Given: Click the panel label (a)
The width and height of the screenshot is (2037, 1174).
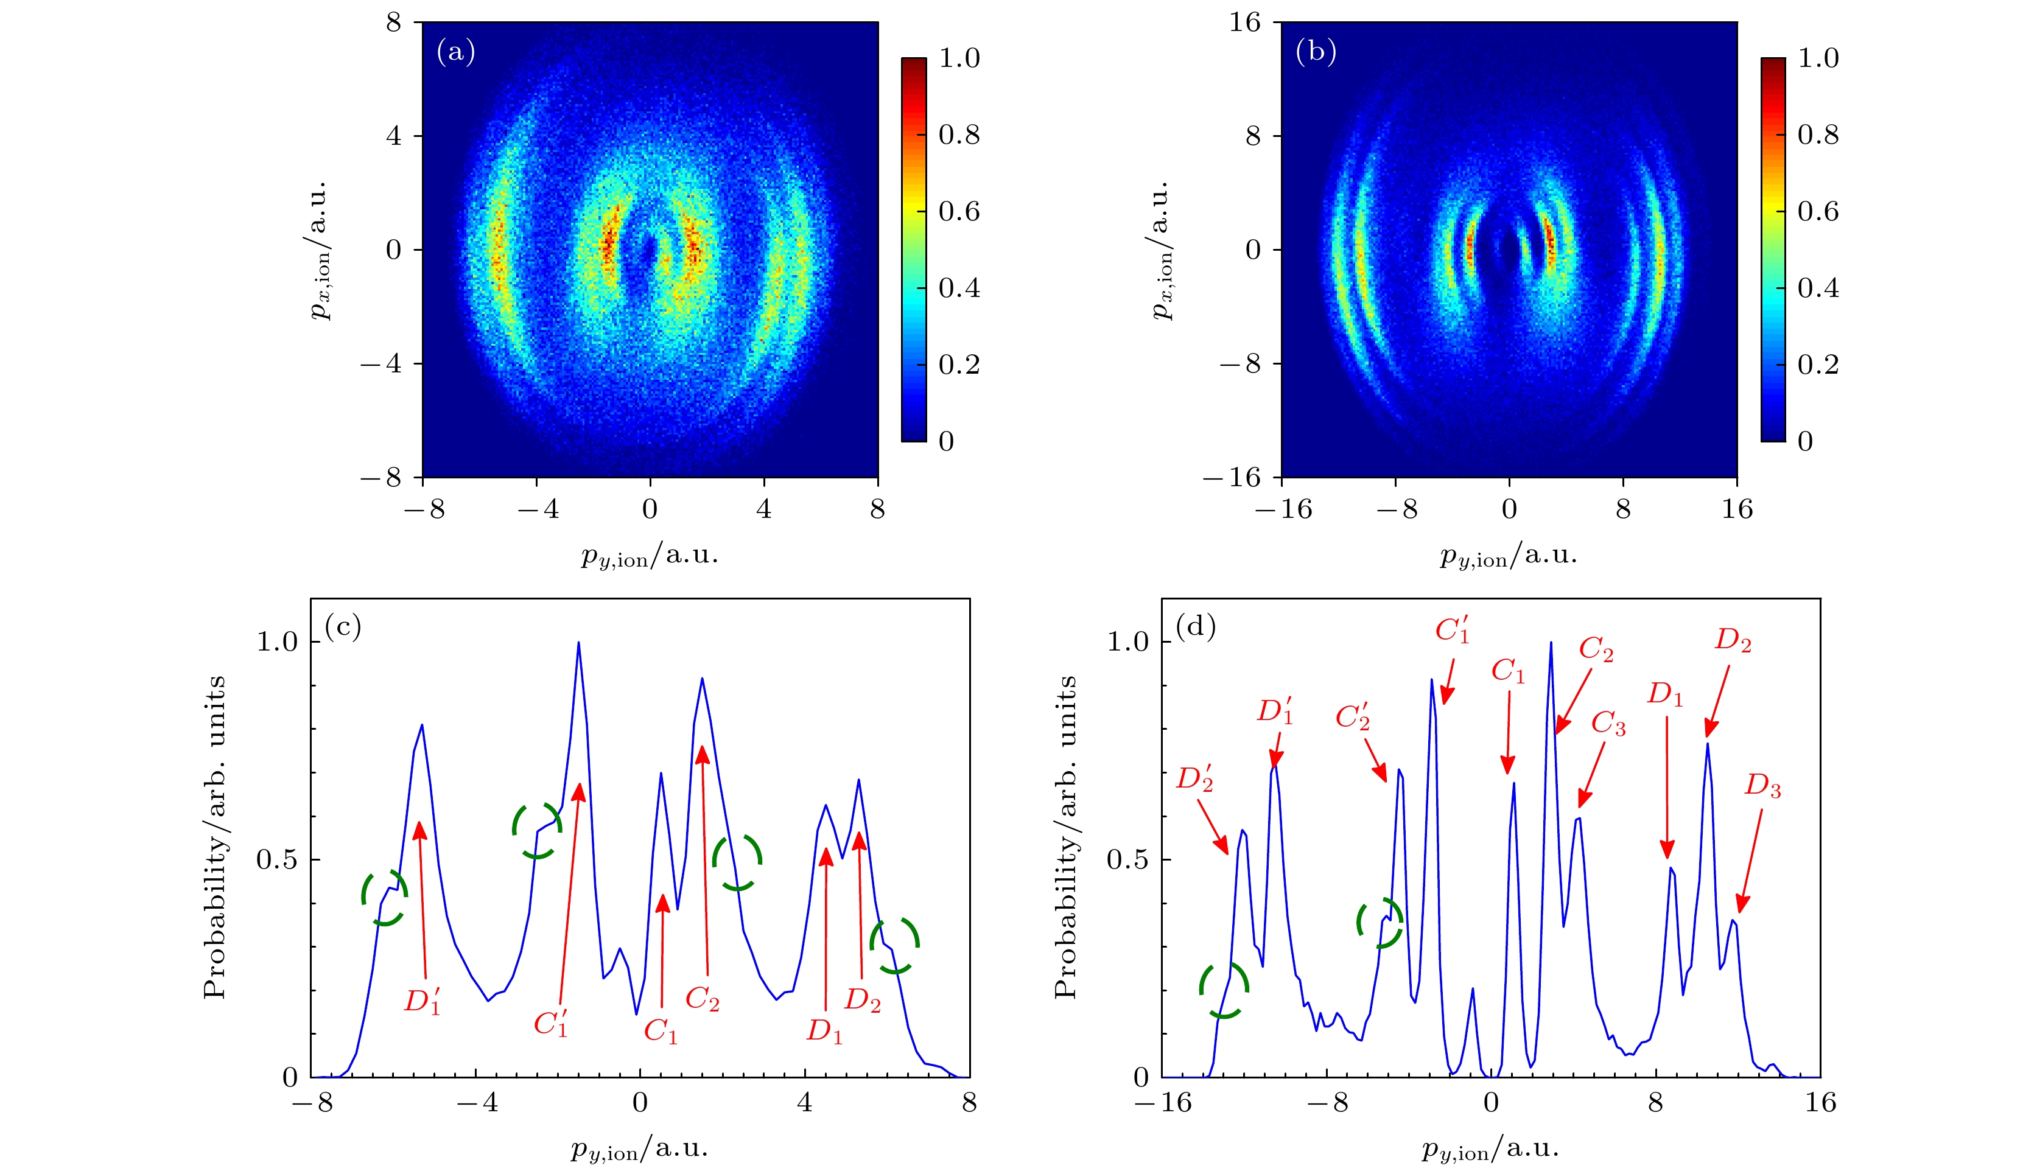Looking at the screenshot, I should pos(455,52).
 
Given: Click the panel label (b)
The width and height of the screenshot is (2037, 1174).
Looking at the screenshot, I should pos(1315,52).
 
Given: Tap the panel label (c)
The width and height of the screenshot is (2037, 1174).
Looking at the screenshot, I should pos(343,626).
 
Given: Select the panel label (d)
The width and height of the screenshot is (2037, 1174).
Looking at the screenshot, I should pos(1195,626).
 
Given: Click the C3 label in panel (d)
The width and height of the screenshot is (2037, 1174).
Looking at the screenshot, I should pos(1608,723).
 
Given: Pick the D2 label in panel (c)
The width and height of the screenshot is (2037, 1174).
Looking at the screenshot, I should pos(862,1000).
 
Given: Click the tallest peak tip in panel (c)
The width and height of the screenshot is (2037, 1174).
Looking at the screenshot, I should pos(578,643).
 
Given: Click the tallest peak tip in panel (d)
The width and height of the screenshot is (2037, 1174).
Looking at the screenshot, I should pos(1551,643).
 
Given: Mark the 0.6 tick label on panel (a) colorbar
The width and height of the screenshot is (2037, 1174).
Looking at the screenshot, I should pos(959,211).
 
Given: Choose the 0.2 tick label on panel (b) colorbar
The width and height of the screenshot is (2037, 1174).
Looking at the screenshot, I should pos(1818,365).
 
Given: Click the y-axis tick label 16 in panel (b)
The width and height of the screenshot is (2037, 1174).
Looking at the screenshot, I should pos(1244,23).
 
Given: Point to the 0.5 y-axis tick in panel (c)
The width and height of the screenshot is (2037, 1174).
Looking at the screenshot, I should pos(276,859).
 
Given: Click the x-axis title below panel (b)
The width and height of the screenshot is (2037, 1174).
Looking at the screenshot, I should pos(1508,556).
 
